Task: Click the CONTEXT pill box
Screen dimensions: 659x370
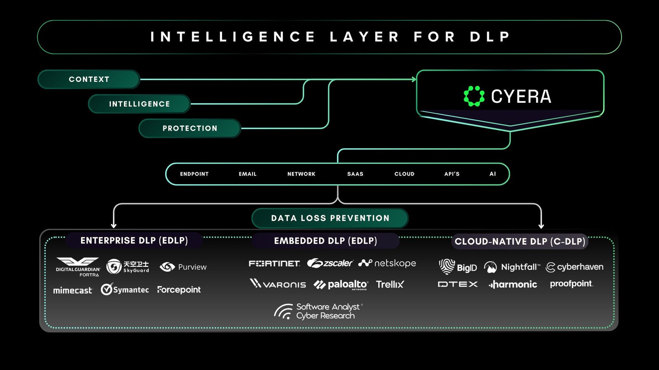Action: [89, 79]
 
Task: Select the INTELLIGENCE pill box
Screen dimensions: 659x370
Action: [139, 104]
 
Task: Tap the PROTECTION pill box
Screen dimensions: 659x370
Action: [190, 128]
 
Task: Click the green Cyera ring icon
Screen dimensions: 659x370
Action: [474, 96]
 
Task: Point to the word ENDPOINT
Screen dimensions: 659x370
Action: [194, 174]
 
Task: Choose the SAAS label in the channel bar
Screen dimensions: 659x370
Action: [355, 174]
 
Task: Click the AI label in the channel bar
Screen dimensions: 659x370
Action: [493, 174]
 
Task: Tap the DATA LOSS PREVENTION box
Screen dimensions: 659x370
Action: [330, 218]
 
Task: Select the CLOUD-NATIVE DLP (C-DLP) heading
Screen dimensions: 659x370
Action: [520, 241]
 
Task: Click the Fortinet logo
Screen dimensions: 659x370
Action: [274, 264]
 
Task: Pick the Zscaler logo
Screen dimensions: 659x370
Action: [330, 263]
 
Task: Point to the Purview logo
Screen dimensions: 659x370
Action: [183, 267]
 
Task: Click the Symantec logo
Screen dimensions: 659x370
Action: [124, 289]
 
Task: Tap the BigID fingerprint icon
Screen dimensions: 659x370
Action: [446, 267]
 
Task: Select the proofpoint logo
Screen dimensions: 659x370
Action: [572, 284]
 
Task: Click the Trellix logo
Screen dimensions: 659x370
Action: [390, 284]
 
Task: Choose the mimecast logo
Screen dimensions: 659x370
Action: [73, 290]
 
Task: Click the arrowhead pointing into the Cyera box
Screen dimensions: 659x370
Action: [414, 79]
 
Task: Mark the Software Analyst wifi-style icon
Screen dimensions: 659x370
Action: [283, 312]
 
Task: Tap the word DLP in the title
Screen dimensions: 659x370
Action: [490, 37]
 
